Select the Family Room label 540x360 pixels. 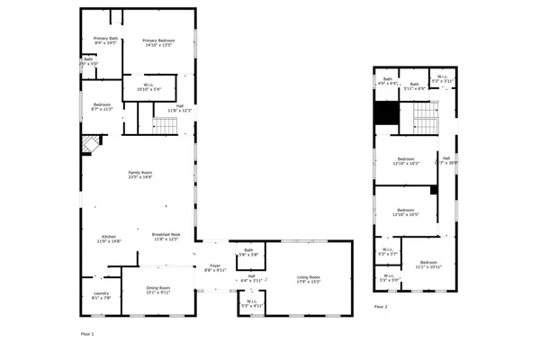[139, 175]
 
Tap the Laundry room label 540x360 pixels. [101, 294]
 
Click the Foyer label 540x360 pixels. [215, 267]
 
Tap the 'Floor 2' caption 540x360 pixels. [381, 307]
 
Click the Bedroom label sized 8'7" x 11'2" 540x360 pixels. [102, 107]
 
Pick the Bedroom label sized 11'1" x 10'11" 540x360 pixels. [428, 265]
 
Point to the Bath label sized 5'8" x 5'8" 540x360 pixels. [248, 253]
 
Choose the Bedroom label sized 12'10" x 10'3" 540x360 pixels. [407, 161]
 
